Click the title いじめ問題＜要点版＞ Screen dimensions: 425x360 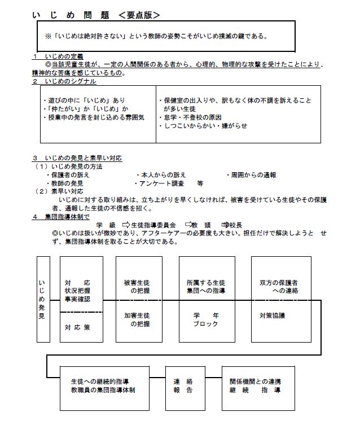point(96,14)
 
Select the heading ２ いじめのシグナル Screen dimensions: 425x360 point(62,81)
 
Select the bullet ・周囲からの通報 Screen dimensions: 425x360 point(251,175)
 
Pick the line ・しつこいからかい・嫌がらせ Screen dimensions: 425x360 point(203,125)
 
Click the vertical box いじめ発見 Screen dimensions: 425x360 point(42,299)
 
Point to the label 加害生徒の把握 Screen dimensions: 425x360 point(139,320)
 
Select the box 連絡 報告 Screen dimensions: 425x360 point(181,385)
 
